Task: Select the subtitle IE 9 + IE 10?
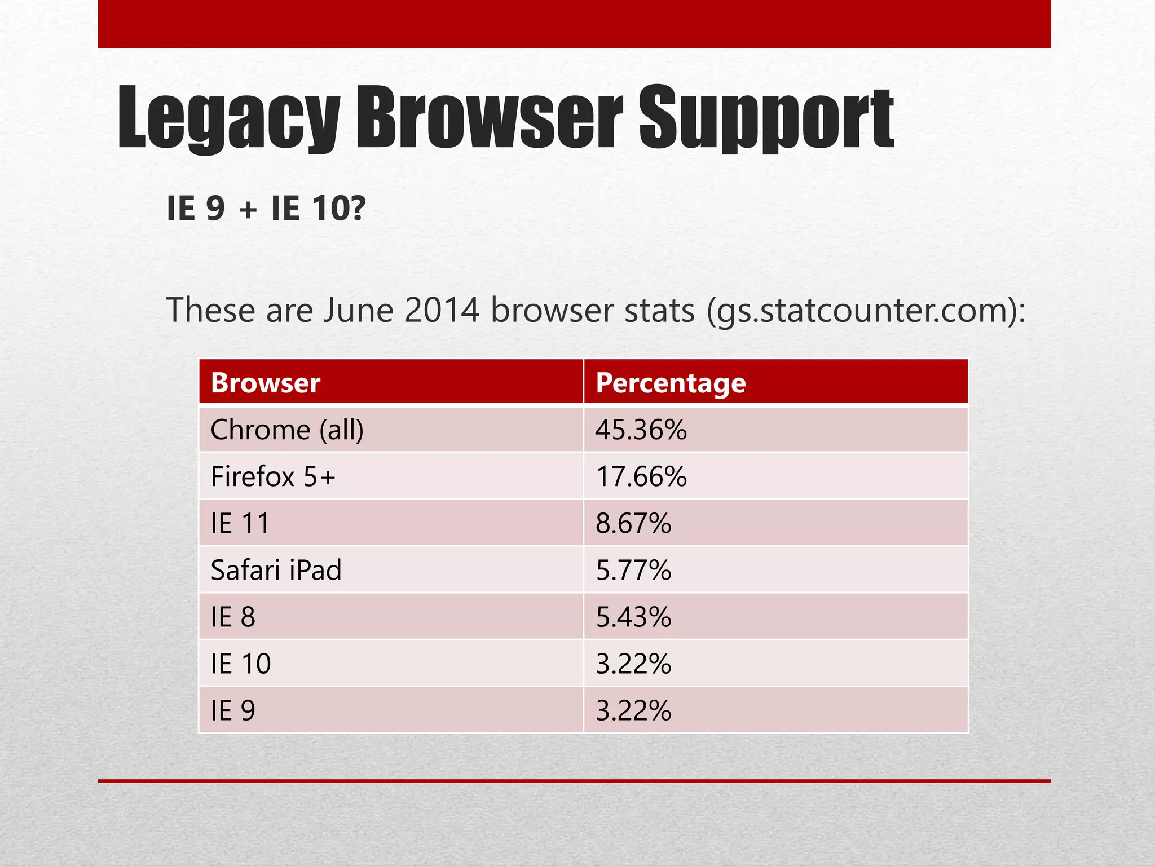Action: point(266,208)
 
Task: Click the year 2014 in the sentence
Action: point(442,310)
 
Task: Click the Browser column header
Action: point(266,383)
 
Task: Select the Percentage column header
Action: point(671,383)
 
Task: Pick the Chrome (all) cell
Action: point(287,430)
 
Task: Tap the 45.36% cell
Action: point(641,430)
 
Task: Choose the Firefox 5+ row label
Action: point(273,476)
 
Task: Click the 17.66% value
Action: point(641,476)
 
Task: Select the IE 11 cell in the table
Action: point(240,523)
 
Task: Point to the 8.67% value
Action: point(633,523)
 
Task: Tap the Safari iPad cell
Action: point(276,570)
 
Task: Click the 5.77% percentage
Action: point(633,570)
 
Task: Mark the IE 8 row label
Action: point(233,617)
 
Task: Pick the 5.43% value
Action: point(633,617)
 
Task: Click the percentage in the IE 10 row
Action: point(633,664)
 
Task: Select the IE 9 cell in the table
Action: point(233,710)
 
